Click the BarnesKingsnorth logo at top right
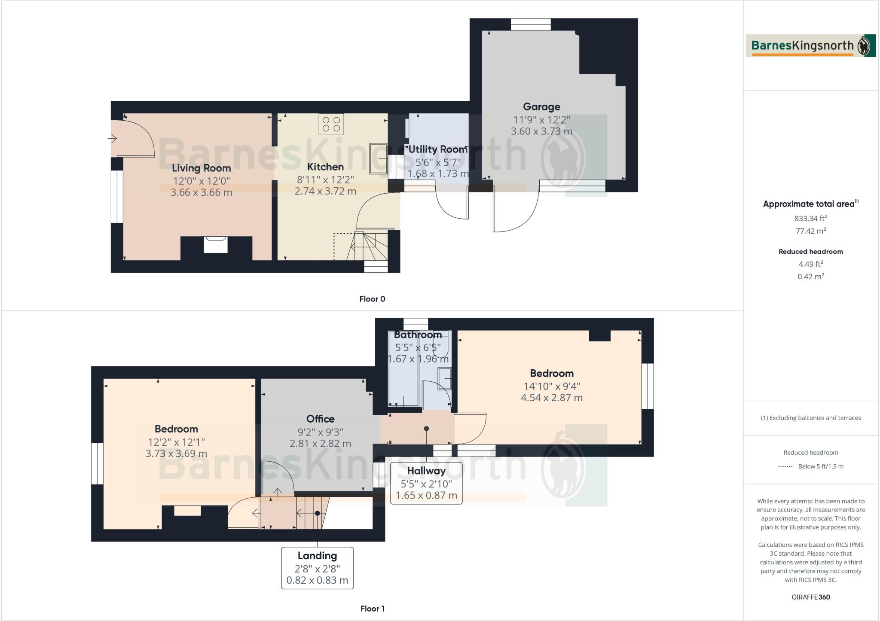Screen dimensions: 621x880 [810, 46]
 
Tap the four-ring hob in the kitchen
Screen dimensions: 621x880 [331, 124]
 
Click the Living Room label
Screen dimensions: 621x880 [201, 168]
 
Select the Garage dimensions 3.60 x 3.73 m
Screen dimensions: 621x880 [541, 131]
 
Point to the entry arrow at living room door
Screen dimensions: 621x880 [112, 139]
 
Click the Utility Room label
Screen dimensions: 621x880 [437, 149]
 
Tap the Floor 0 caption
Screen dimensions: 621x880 [372, 299]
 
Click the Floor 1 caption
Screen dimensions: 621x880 [372, 609]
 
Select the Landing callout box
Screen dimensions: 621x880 [317, 568]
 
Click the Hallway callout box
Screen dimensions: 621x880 [426, 483]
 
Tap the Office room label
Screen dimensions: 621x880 [320, 419]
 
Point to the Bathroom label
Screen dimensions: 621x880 [418, 335]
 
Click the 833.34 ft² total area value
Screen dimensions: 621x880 [810, 218]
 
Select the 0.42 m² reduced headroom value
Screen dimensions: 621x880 [810, 277]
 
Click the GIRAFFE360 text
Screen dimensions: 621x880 [810, 597]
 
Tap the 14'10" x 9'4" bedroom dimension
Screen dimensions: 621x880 [551, 386]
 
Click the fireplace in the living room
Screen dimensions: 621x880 [216, 245]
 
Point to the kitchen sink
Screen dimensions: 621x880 [379, 158]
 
